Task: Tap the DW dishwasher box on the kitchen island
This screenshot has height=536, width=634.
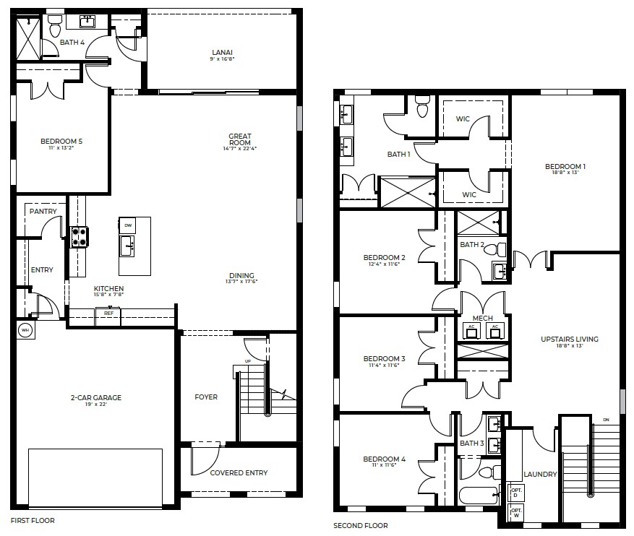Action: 128,225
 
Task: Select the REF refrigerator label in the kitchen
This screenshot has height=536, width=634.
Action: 108,314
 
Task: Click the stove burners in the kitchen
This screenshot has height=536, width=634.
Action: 78,236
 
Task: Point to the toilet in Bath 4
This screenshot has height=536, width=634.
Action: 55,27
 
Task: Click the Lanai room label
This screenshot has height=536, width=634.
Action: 222,52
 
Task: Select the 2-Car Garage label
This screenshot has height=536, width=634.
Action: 96,397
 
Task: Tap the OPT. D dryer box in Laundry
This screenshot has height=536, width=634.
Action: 516,492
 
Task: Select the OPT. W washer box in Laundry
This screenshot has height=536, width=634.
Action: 516,512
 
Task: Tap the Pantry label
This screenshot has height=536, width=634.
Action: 43,212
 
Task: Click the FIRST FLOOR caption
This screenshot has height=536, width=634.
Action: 32,520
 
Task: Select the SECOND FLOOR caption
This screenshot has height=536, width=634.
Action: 360,526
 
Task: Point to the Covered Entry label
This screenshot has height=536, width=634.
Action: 239,473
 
